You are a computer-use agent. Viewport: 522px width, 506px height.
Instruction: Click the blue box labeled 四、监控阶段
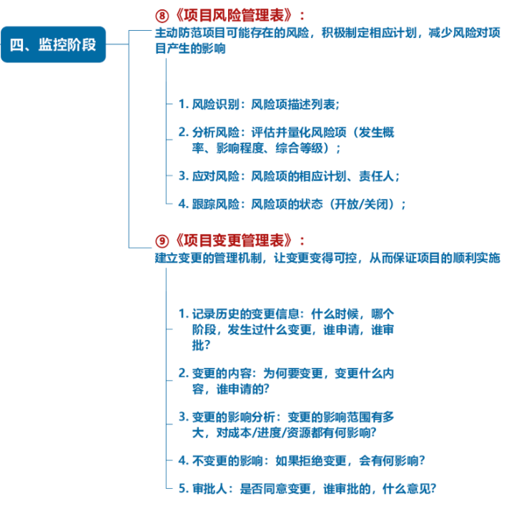53,44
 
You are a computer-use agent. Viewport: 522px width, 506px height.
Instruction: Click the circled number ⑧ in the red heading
162,16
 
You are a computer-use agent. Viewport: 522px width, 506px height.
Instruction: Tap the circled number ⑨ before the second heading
162,240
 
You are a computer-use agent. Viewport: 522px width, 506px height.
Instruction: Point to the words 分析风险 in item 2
215,132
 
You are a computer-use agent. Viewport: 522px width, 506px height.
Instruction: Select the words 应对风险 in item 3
215,175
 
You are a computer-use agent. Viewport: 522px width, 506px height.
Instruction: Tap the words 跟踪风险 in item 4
215,204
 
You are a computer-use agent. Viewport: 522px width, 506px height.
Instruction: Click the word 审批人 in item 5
209,489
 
